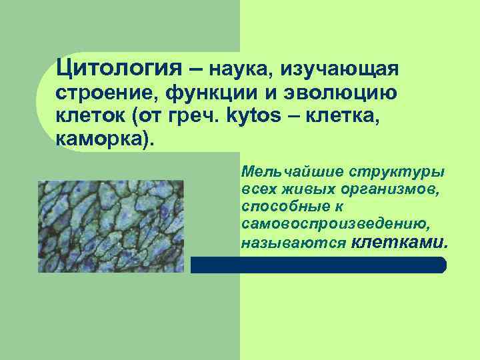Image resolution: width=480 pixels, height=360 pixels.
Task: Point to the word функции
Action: pyautogui.click(x=201, y=93)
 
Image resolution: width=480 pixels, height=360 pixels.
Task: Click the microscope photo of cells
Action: pyautogui.click(x=109, y=226)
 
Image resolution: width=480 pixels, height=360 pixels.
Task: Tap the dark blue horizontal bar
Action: pyautogui.click(x=319, y=265)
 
